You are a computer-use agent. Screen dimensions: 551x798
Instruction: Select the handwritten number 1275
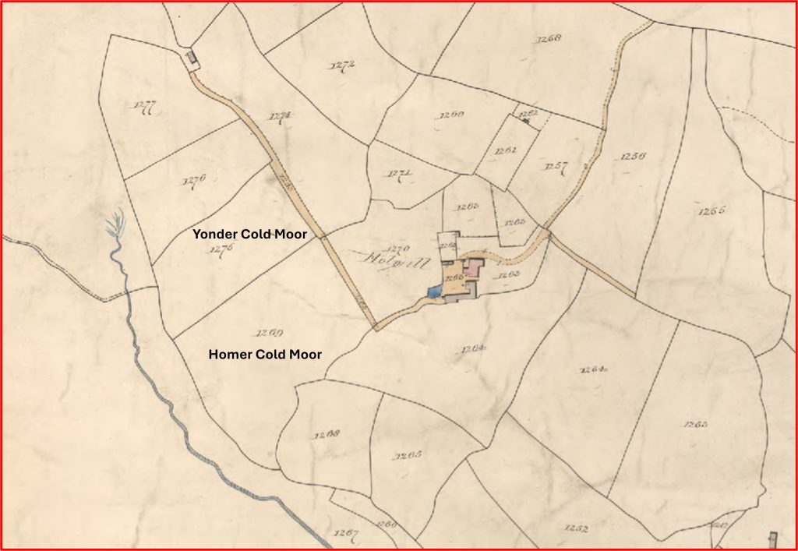click(221, 250)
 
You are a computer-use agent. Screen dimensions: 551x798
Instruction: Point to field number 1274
click(280, 117)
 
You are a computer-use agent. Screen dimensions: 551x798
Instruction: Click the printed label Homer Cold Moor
click(265, 355)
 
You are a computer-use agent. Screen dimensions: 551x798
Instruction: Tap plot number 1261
click(506, 150)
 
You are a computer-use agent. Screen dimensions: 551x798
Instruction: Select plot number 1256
click(633, 157)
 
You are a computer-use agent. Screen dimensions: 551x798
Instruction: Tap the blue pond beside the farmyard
click(434, 291)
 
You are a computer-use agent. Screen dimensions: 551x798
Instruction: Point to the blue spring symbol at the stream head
click(115, 226)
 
